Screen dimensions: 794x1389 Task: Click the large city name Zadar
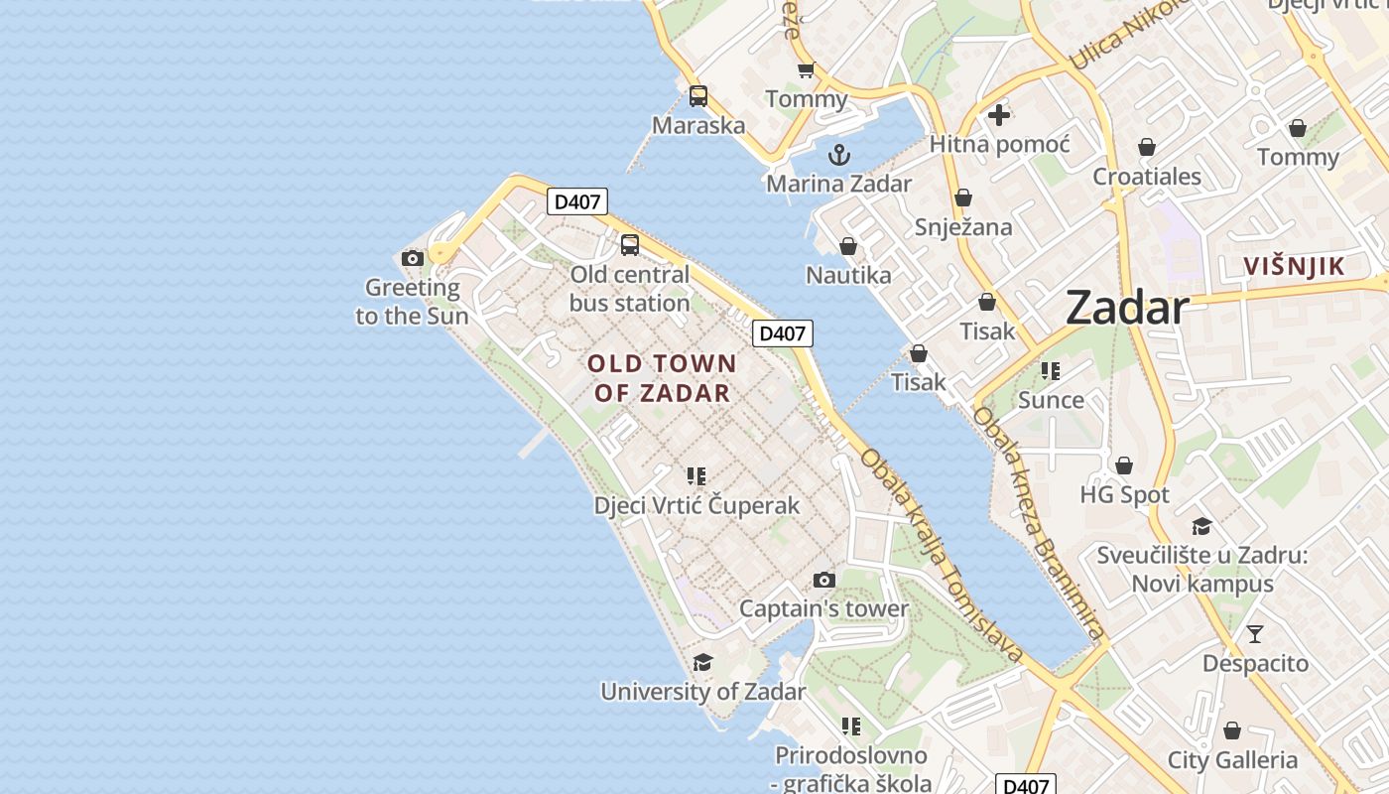pos(1127,308)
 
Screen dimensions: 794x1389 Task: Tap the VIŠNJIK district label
pos(1294,266)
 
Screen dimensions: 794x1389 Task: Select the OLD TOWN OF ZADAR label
pos(663,378)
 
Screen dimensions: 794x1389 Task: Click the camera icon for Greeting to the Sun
pos(413,259)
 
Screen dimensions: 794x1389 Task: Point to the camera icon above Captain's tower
pos(824,580)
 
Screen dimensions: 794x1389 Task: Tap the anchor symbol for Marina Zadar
pos(839,155)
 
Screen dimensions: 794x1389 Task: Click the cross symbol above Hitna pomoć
pos(999,115)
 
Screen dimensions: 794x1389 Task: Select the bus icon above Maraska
pos(698,96)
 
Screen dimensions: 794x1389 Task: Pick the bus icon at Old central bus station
pos(630,245)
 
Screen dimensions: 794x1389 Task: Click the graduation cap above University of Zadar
pos(703,662)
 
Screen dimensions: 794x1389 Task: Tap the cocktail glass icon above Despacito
pos(1255,633)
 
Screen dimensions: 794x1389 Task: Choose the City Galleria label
pos(1232,760)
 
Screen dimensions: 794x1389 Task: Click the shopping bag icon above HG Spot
pos(1124,465)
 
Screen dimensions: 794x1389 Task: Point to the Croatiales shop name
pos(1147,177)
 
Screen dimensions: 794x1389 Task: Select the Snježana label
pos(963,227)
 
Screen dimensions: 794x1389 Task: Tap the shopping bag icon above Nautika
pos(848,246)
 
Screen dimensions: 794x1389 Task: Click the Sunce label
pos(1051,400)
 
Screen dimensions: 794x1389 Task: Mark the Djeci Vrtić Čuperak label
pos(696,505)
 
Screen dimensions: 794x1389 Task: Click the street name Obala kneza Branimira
pos(1038,522)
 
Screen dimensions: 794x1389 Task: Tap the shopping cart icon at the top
pos(806,69)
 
